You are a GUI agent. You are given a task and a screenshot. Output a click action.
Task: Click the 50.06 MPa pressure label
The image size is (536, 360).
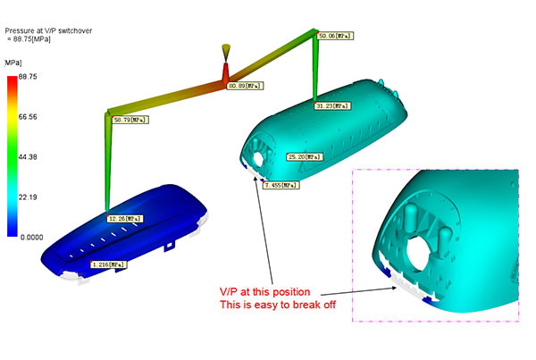[335, 36]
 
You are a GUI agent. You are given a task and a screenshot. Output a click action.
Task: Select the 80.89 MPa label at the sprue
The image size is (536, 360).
[245, 86]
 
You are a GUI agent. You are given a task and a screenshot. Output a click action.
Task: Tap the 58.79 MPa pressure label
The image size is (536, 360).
[131, 120]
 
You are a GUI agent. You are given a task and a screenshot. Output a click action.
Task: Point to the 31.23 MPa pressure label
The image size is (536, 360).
[332, 106]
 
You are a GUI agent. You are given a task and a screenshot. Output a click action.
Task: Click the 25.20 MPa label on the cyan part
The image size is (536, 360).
[305, 157]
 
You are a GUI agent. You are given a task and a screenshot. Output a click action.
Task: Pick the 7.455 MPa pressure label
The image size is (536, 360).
[281, 185]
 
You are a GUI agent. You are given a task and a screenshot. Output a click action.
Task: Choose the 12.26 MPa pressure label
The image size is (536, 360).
[125, 219]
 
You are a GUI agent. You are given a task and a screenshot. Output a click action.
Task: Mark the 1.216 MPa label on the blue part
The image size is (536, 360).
[109, 264]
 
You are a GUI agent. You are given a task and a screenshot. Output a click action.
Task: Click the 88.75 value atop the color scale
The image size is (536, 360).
[28, 77]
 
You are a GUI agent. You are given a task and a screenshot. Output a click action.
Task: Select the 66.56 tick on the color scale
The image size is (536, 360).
[28, 117]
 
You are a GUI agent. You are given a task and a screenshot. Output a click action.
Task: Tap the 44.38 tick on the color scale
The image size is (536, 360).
[28, 157]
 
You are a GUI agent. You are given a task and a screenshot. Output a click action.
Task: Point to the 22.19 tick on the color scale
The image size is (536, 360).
[28, 197]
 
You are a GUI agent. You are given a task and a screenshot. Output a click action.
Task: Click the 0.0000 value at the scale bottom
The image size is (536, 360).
[32, 238]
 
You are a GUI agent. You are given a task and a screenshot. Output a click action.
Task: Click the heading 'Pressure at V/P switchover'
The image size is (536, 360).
[48, 30]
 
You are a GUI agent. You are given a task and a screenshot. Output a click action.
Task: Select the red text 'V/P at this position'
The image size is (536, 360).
[265, 292]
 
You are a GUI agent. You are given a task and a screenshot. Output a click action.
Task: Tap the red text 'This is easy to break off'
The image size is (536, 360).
[278, 305]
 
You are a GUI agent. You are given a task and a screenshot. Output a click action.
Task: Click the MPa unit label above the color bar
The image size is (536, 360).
[13, 63]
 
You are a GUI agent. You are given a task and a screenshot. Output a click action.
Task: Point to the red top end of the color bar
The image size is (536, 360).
[13, 78]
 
